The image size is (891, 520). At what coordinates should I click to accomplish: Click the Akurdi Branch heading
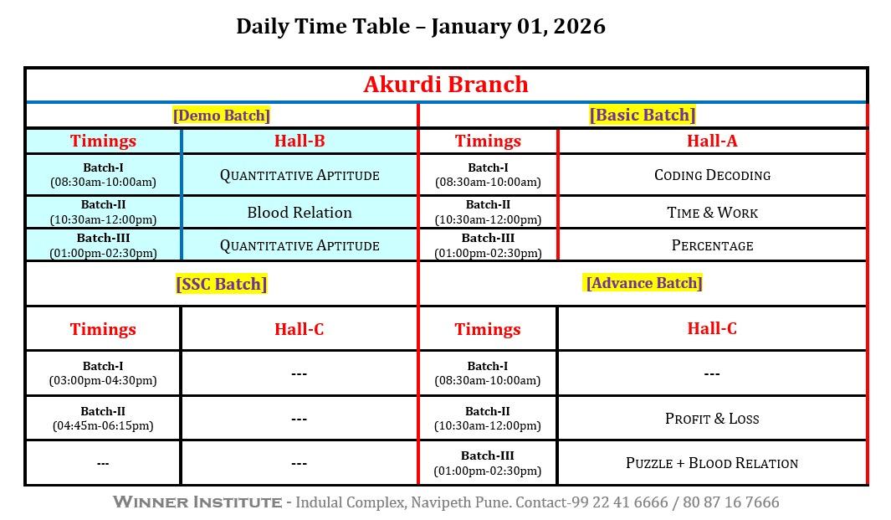tap(445, 85)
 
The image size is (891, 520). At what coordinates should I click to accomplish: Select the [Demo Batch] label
tap(221, 116)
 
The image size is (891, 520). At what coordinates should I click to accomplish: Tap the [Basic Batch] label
tap(643, 115)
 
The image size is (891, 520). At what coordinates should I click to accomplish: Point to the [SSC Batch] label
tap(221, 283)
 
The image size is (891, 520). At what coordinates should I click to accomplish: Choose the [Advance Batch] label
tap(644, 283)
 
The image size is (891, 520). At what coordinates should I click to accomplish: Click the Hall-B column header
tap(300, 141)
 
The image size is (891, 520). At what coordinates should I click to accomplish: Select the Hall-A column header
tap(712, 141)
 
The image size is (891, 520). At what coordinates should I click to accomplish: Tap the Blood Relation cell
tap(300, 212)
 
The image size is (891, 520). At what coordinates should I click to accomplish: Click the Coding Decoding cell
tap(712, 175)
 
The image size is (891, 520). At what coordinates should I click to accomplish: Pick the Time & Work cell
tap(712, 212)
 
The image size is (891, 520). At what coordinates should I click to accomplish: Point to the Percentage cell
tap(712, 245)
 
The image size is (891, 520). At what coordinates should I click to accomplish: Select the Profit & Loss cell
tap(712, 419)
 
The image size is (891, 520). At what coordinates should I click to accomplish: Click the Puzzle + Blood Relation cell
tap(712, 463)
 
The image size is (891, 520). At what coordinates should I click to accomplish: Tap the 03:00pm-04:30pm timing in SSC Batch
tap(103, 380)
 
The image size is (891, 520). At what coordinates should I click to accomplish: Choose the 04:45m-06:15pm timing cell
tap(103, 425)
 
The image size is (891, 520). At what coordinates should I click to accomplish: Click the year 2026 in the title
tap(580, 26)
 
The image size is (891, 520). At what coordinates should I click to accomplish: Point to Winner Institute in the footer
tap(197, 502)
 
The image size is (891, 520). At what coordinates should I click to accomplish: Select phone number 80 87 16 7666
tap(730, 502)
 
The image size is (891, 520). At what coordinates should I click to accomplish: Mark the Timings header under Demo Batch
tap(103, 141)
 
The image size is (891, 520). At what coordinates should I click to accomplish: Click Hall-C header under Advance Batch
tap(712, 328)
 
